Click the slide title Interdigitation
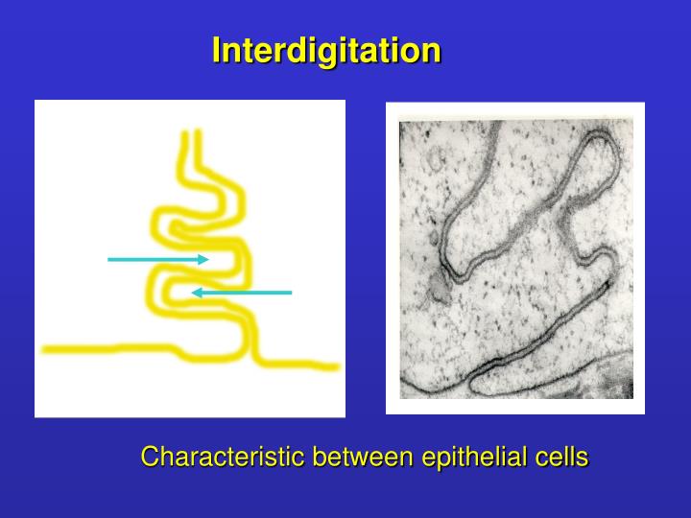tap(326, 50)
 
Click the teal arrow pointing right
tap(158, 259)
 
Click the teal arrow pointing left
tap(241, 292)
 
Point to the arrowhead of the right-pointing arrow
tap(204, 259)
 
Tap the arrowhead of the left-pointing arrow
tap(195, 292)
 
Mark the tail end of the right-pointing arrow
tap(109, 259)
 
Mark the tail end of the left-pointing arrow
tap(290, 292)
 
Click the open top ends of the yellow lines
tap(191, 134)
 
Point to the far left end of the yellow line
tap(46, 349)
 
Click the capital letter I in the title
tap(217, 50)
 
